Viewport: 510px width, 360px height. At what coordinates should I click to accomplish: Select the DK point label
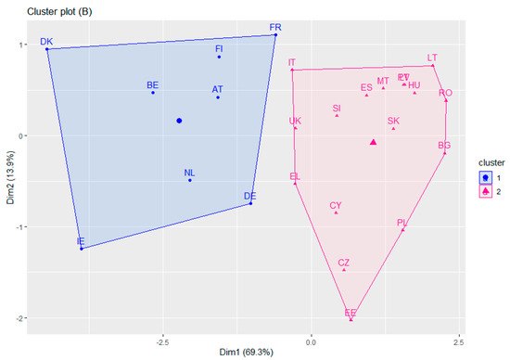coord(46,42)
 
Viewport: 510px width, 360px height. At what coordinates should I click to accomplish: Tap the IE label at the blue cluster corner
coord(81,241)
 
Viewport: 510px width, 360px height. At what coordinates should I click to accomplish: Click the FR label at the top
coord(275,28)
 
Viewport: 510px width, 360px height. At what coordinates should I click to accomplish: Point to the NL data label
coord(189,173)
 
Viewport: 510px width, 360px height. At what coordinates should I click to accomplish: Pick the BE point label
coord(153,85)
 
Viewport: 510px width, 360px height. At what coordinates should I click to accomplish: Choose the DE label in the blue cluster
coord(249,196)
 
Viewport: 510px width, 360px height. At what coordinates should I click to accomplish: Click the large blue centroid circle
coord(179,121)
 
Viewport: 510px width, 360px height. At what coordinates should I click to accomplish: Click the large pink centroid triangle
coord(373,142)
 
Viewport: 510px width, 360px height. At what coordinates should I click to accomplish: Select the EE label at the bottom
coord(350,313)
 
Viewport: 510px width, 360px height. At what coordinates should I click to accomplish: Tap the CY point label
coord(336,205)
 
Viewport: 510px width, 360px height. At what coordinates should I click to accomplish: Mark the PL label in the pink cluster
coord(402,223)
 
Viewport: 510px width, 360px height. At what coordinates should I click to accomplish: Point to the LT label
coord(432,58)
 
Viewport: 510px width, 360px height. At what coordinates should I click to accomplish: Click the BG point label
coord(444,146)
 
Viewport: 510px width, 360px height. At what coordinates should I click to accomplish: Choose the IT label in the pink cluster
coord(292,63)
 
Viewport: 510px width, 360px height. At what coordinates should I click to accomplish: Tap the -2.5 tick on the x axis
coord(163,338)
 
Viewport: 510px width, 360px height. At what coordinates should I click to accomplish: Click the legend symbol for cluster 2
coord(483,191)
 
